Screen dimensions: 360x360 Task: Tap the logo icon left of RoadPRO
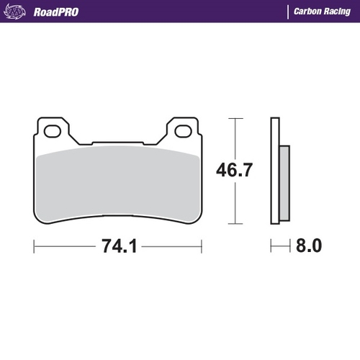(17, 12)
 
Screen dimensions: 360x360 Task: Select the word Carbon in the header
(307, 12)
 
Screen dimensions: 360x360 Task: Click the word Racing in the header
(337, 12)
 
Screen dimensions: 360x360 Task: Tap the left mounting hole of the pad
(52, 131)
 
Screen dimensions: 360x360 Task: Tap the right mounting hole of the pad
(184, 131)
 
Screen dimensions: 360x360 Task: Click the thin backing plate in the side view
(274, 173)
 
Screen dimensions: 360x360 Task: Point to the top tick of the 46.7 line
(235, 118)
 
